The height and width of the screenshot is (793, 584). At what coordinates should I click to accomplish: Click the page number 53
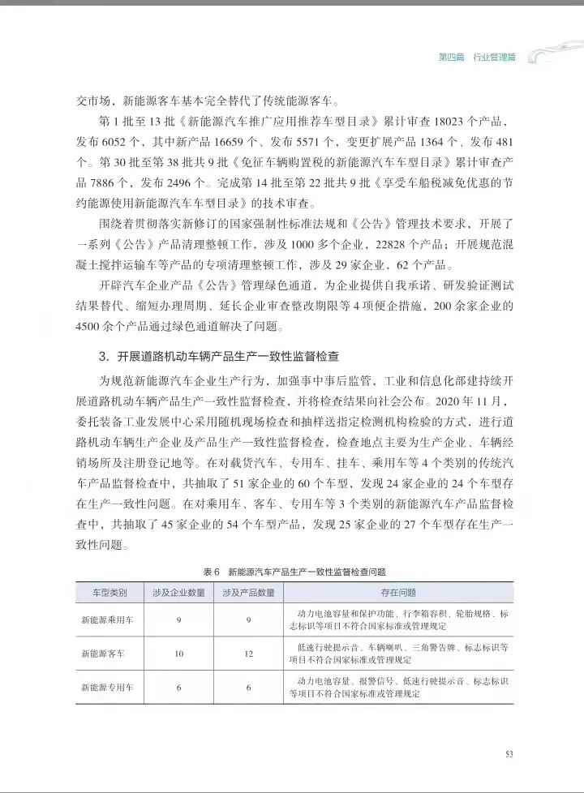tap(509, 754)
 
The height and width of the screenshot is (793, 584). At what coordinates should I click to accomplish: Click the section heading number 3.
tap(104, 356)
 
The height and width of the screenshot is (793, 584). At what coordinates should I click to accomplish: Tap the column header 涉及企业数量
tap(178, 592)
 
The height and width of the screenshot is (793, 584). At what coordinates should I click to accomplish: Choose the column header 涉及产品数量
tap(248, 592)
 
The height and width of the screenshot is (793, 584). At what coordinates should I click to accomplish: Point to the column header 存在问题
tap(397, 592)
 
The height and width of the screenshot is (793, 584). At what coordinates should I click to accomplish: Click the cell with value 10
tap(178, 654)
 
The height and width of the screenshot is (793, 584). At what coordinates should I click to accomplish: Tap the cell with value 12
tap(248, 654)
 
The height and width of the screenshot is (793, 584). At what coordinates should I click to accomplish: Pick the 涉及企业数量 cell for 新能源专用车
tap(178, 688)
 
